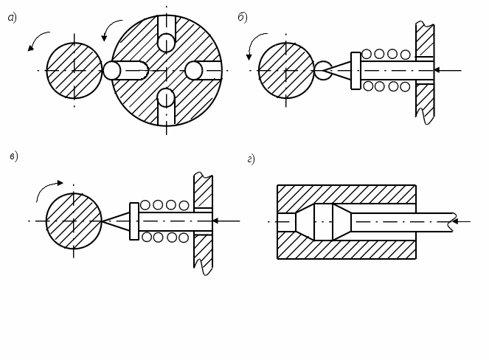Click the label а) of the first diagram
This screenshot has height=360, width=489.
click(x=12, y=18)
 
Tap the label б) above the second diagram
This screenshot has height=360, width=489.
click(x=243, y=18)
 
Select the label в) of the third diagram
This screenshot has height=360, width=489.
click(x=13, y=156)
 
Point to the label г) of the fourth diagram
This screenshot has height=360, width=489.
click(x=251, y=159)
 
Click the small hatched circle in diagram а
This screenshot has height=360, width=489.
click(x=74, y=71)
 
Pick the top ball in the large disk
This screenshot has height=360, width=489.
click(x=166, y=42)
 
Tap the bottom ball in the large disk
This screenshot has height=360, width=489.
click(x=166, y=97)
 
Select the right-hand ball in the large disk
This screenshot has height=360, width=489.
click(x=193, y=70)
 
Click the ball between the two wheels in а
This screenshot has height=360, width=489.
click(x=111, y=70)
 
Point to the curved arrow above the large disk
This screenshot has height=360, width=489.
click(x=112, y=28)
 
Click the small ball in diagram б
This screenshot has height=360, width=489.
click(x=323, y=70)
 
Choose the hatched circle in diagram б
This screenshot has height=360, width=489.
click(x=286, y=70)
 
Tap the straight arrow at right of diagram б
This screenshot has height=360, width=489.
click(x=447, y=70)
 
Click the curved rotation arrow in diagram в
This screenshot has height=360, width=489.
click(x=48, y=188)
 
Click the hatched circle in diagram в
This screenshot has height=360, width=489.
click(x=74, y=221)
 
